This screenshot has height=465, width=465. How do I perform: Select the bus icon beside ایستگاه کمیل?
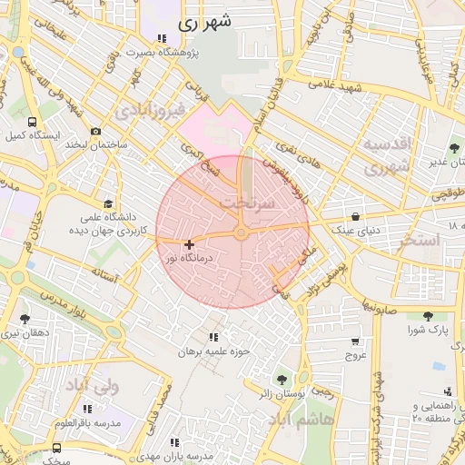tap(33, 122)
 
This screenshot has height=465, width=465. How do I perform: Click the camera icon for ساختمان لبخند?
tap(95, 132)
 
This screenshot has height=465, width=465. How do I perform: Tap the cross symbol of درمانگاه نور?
tap(189, 244)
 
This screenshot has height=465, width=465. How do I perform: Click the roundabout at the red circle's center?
tap(241, 233)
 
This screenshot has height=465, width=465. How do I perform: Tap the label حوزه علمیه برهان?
tap(213, 351)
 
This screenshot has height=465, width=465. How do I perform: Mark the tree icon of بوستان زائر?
tap(281, 378)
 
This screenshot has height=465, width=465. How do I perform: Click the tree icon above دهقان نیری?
tap(24, 318)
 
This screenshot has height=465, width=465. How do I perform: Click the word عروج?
tap(354, 356)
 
